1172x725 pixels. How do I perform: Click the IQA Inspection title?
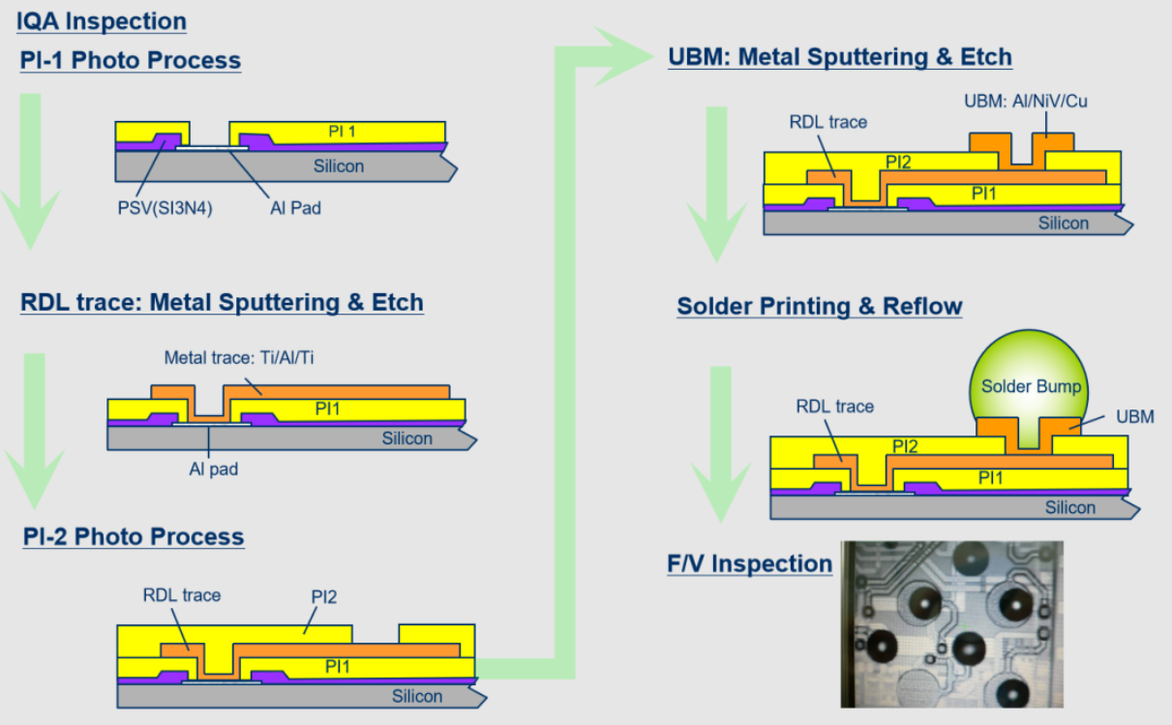click(x=102, y=21)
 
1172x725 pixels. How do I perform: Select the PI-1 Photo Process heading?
click(x=131, y=60)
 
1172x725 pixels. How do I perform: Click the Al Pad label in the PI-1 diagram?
click(x=291, y=207)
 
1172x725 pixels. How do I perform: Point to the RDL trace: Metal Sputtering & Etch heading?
click(x=222, y=302)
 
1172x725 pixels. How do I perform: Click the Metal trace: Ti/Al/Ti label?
click(x=239, y=357)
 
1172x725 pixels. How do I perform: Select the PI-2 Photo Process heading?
click(x=134, y=536)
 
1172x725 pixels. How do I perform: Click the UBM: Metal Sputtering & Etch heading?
click(x=840, y=57)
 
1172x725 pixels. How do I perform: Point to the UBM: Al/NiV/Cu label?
click(x=1026, y=101)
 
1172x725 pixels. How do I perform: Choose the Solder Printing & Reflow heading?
click(x=820, y=307)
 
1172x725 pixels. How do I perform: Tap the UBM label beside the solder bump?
click(x=1135, y=416)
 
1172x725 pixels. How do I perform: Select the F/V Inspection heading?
click(x=750, y=563)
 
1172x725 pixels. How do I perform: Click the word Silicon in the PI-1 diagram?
click(x=338, y=166)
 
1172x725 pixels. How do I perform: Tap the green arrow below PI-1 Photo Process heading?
click(x=30, y=174)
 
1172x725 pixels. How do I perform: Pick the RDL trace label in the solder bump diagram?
click(x=834, y=407)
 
